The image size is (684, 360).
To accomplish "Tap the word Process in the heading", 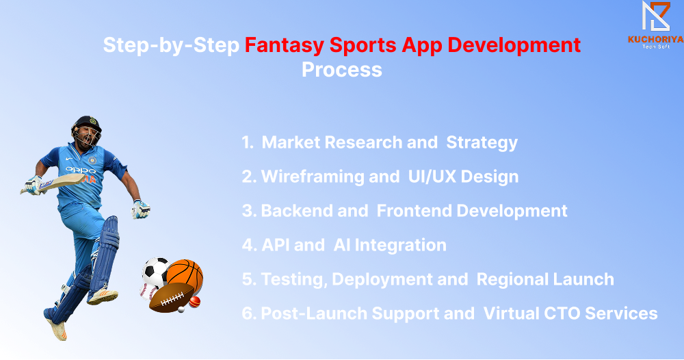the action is click(342, 70).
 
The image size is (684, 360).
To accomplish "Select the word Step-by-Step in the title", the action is click(171, 45).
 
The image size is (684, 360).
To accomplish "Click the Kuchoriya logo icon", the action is click(656, 16).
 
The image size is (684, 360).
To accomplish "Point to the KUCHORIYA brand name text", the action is click(656, 39).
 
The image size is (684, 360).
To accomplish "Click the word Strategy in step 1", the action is click(482, 142).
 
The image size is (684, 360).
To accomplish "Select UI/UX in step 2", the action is click(432, 177).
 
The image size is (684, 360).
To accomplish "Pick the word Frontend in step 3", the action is click(415, 211).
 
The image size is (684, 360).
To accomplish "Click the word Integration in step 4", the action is click(400, 246).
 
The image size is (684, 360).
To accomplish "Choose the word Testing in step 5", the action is click(294, 280).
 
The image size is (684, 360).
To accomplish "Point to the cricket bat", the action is click(53, 183).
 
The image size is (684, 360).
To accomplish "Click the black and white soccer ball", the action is click(155, 272).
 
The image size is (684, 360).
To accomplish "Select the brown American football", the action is click(172, 298).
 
